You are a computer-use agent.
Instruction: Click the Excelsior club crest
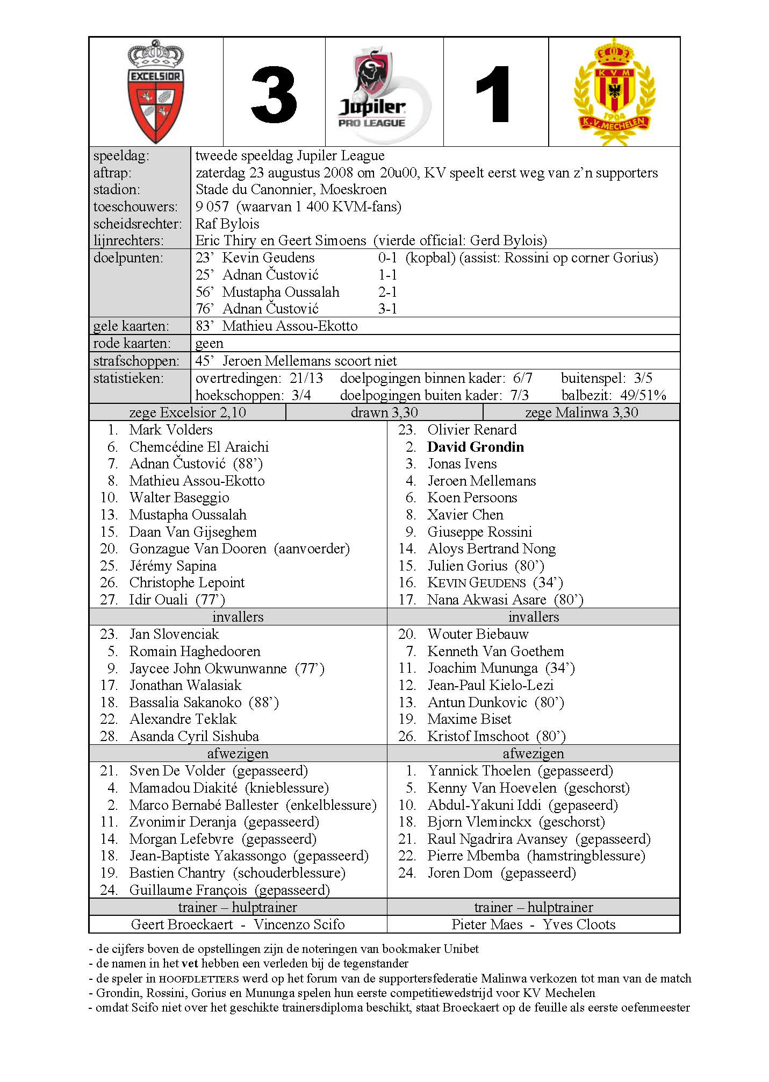click(156, 91)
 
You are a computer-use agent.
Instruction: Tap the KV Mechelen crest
click(614, 91)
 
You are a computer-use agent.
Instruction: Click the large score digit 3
click(274, 96)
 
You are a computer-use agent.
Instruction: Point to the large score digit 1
click(494, 96)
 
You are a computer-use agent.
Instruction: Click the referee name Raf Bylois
click(227, 224)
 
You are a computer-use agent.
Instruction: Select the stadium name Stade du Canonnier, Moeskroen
click(291, 189)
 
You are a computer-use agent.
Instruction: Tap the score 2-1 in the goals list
click(387, 292)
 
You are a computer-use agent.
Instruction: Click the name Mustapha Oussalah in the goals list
click(281, 292)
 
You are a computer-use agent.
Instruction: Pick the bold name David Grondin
click(475, 447)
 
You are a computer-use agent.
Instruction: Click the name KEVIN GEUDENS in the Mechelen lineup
click(476, 583)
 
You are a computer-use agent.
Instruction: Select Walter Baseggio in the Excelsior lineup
click(179, 497)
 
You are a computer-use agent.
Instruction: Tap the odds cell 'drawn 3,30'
click(384, 412)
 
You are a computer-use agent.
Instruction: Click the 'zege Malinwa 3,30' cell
click(581, 412)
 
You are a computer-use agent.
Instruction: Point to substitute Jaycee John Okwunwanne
click(208, 668)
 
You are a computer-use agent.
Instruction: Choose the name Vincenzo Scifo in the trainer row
click(299, 924)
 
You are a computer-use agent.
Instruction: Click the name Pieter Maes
click(487, 924)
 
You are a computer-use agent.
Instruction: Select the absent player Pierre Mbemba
click(473, 856)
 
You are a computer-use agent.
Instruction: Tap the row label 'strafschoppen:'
click(136, 361)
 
